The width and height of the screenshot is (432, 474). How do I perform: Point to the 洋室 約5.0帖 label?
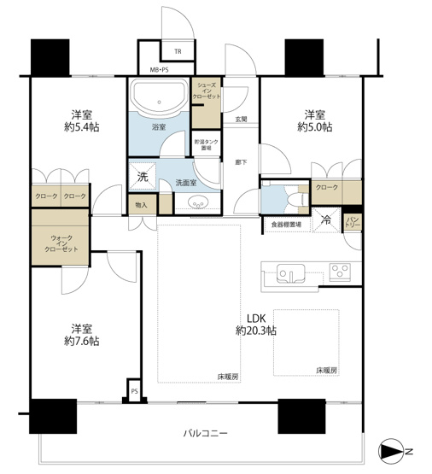315,120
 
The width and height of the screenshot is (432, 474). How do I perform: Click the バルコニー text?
205,434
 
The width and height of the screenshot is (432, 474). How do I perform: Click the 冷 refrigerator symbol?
325,219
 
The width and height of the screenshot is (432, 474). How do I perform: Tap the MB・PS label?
160,67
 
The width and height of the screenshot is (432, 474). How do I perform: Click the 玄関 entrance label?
242,120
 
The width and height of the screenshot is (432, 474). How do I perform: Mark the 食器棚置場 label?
287,225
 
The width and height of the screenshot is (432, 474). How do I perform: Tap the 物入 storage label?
142,205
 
